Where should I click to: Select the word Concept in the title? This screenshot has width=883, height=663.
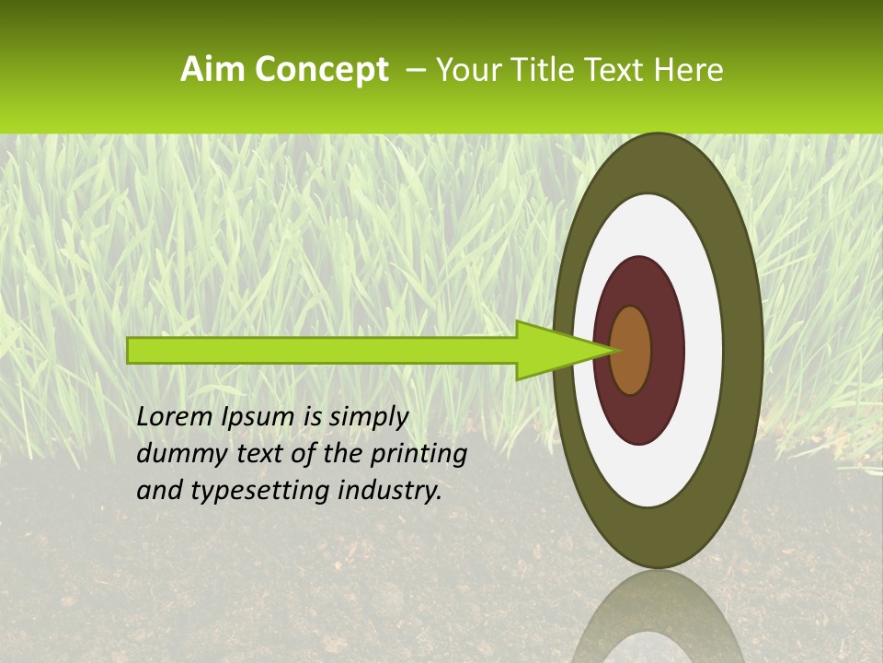pyautogui.click(x=321, y=70)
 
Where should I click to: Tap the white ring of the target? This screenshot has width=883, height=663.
pyautogui.click(x=703, y=350)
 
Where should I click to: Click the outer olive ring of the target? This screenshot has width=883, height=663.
pyautogui.click(x=743, y=350)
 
